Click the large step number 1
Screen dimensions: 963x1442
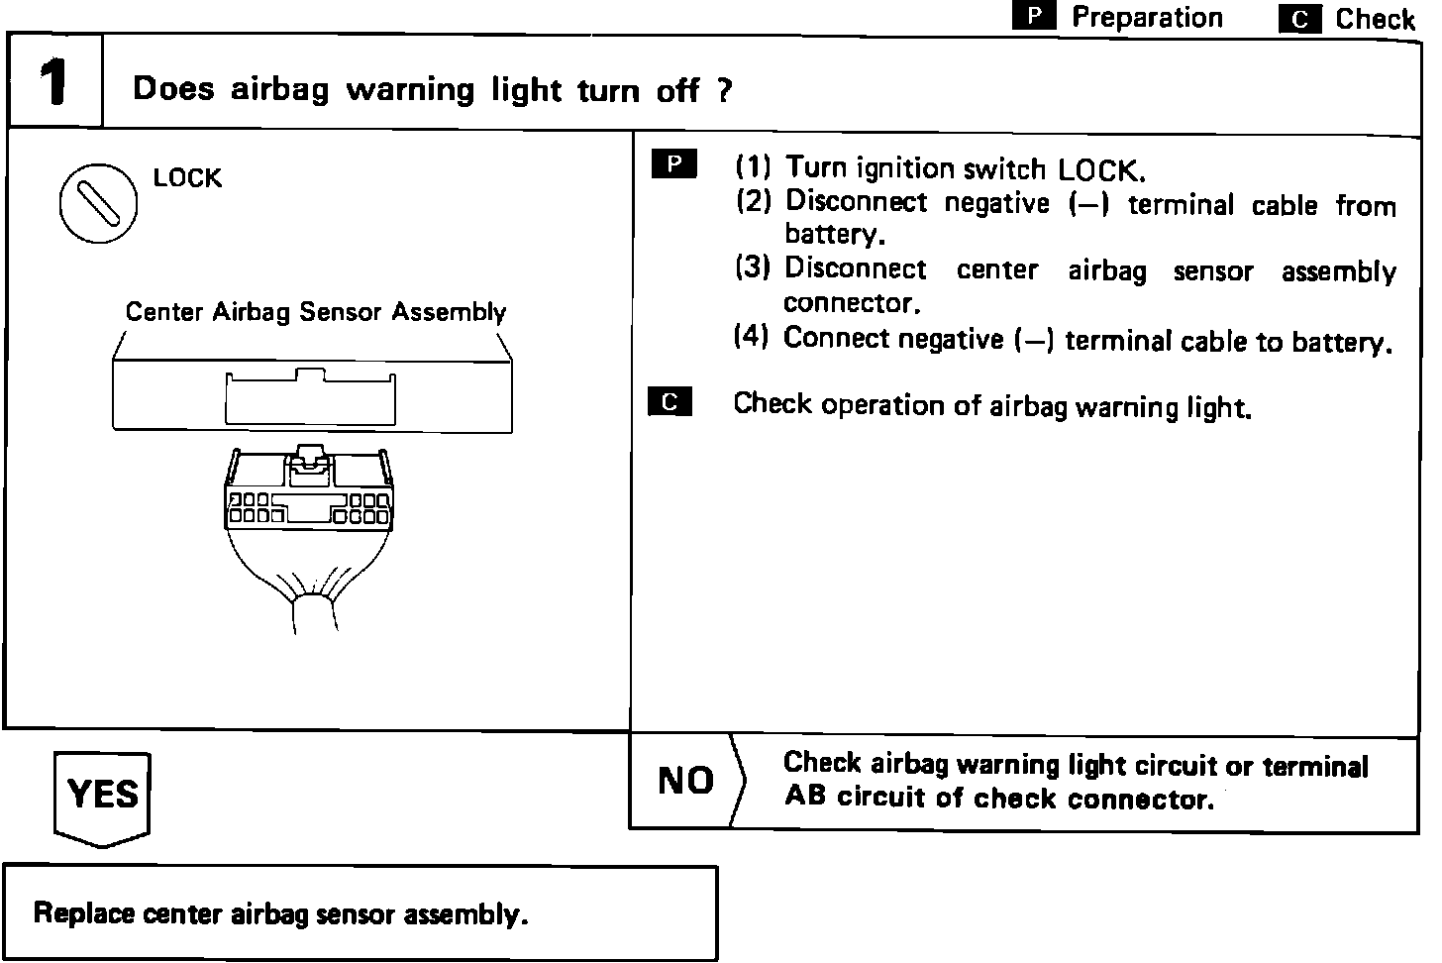[53, 83]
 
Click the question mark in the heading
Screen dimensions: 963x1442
[725, 91]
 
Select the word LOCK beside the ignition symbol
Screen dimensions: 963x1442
[187, 178]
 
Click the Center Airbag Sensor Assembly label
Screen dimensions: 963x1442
[315, 312]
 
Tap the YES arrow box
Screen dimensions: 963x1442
[102, 796]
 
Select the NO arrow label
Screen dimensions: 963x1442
[685, 781]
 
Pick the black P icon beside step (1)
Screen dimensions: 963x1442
[673, 164]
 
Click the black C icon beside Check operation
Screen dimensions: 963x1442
[669, 402]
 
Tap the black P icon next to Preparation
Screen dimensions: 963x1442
[1034, 17]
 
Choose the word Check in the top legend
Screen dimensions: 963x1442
[1375, 19]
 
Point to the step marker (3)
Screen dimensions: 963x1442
[753, 267]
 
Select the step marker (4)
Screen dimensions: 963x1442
[752, 337]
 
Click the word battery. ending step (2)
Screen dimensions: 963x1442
[834, 235]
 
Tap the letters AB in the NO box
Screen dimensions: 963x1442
[804, 797]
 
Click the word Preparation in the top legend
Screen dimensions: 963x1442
[1147, 17]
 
